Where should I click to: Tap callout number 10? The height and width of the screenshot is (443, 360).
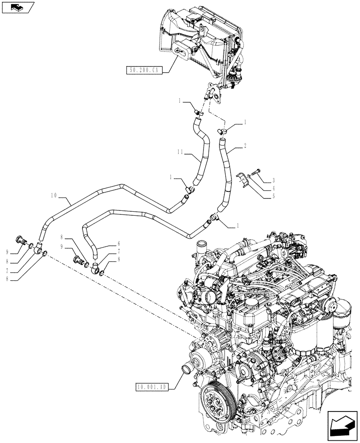coord(54,195)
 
